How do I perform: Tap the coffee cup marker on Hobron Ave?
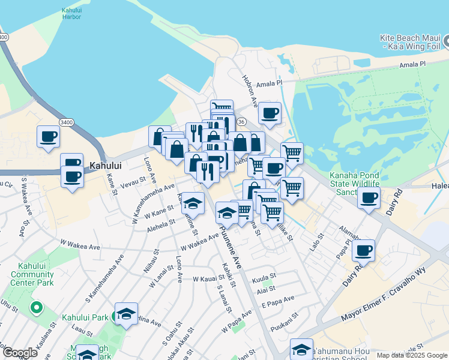click(270, 112)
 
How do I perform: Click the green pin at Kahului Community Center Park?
click(36, 308)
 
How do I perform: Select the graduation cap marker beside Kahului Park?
click(126, 313)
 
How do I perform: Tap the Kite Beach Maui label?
click(410, 42)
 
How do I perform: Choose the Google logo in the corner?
click(19, 353)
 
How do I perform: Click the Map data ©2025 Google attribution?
click(411, 355)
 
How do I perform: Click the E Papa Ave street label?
click(277, 299)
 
